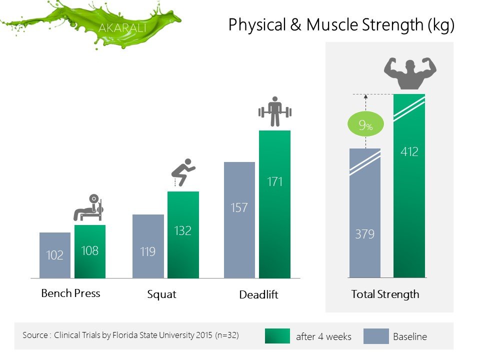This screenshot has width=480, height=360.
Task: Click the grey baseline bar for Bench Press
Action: click(55, 255)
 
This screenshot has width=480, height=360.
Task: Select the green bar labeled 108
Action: click(90, 251)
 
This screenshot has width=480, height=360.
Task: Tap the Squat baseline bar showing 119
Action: click(148, 246)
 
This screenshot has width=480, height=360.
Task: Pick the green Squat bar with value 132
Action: click(183, 235)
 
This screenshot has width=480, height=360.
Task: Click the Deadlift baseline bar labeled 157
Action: click(239, 220)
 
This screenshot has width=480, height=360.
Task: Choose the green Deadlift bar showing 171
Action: click(274, 204)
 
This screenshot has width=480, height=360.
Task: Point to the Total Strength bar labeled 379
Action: click(365, 213)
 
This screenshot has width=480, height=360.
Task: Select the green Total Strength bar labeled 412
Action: click(409, 186)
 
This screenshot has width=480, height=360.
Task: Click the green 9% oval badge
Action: click(365, 124)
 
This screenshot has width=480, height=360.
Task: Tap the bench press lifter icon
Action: click(88, 207)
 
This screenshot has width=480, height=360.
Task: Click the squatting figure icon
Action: click(183, 172)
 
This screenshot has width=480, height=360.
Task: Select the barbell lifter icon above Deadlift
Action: click(275, 111)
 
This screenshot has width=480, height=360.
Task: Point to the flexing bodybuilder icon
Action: click(410, 73)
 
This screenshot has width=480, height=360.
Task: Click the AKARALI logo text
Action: click(122, 28)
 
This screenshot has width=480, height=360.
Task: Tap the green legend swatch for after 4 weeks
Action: click(277, 336)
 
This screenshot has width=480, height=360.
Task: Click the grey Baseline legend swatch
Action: click(376, 336)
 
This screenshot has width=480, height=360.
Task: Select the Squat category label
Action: click(161, 294)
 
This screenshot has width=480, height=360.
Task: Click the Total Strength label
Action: click(385, 294)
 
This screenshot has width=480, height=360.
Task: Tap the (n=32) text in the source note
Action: click(227, 335)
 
